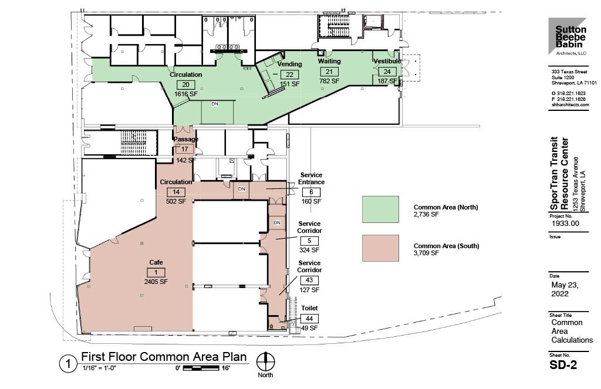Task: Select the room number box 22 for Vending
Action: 289,75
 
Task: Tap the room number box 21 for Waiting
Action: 329,72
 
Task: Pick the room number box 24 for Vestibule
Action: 387,72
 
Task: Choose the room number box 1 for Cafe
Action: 156,272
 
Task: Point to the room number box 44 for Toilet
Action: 309,319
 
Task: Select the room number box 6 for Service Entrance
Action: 312,192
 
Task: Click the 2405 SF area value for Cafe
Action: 156,282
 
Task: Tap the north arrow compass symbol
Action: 267,360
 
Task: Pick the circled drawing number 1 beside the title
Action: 68,364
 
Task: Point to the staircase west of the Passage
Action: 128,141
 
